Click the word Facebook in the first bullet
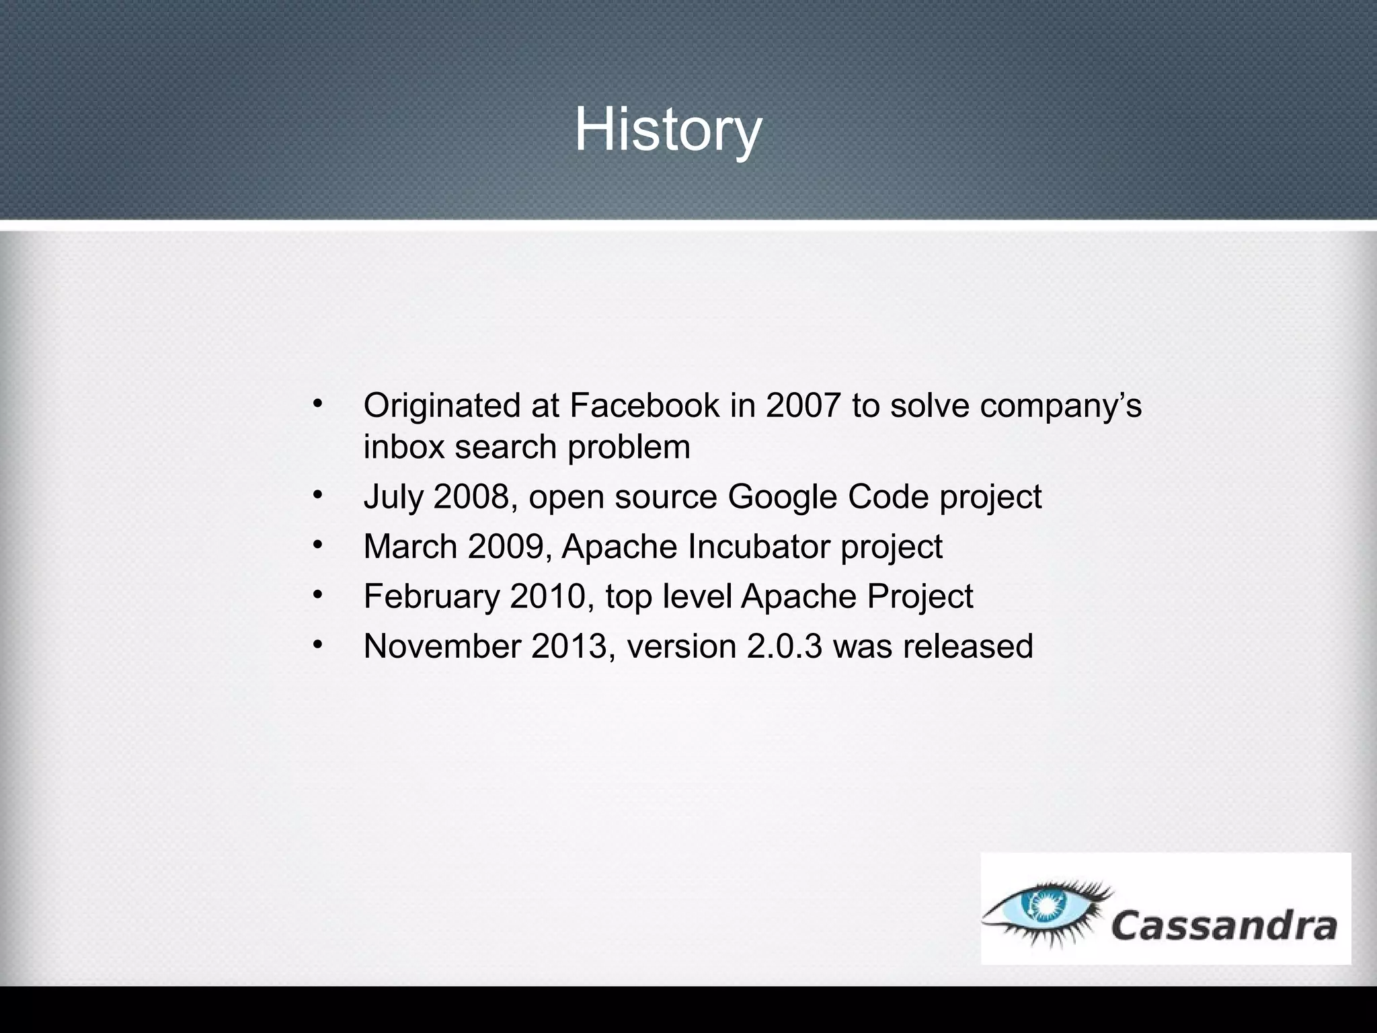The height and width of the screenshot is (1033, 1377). [x=644, y=406]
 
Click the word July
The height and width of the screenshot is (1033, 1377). [x=393, y=498]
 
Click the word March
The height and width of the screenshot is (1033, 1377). [x=410, y=546]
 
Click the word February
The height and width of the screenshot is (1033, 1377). [x=432, y=597]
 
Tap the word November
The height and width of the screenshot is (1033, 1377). [x=442, y=646]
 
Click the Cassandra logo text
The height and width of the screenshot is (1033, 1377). [x=1224, y=926]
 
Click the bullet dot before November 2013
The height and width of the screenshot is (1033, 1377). [x=317, y=644]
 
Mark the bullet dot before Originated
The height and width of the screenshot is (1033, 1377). [x=317, y=404]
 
